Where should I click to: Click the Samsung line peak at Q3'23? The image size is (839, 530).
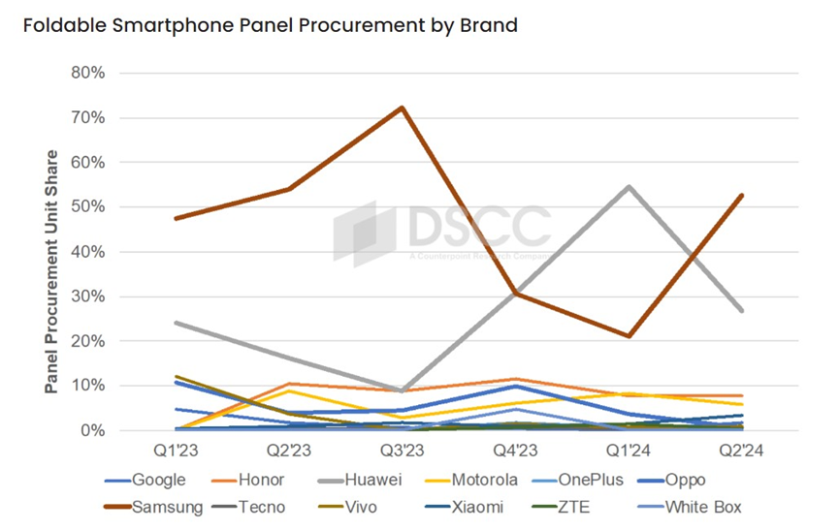point(402,108)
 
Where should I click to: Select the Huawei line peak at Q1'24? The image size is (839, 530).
point(629,186)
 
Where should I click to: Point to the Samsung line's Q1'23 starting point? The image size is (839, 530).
point(175,218)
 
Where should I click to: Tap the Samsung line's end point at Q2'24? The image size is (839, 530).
point(742,195)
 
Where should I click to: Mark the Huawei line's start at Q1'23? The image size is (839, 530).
point(175,323)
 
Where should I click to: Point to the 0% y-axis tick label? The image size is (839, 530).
point(89,430)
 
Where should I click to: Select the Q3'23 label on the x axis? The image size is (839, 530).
point(402,451)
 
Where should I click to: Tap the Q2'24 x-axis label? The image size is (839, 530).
point(742,451)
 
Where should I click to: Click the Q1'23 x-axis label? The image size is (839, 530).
point(175,451)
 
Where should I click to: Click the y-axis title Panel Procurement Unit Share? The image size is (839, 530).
point(51,271)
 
